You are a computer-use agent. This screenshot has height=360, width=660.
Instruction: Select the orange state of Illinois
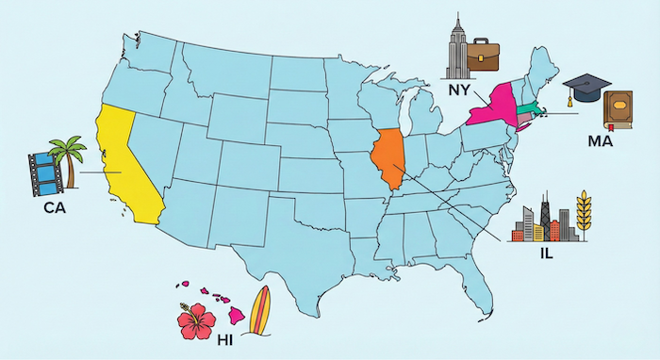point(388,159)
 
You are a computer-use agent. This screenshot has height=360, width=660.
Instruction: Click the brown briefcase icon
point(489,56)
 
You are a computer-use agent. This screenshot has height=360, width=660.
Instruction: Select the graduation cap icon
point(587,89)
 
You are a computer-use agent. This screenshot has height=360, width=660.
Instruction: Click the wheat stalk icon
point(583,217)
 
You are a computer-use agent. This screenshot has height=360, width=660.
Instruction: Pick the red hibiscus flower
point(197,320)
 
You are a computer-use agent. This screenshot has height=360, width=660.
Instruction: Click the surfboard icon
point(259,312)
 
